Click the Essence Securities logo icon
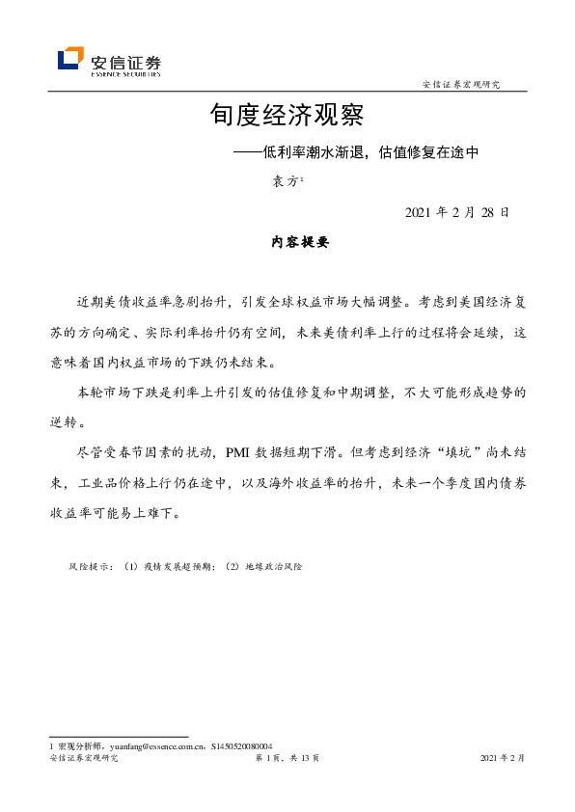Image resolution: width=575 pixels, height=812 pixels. click(70, 59)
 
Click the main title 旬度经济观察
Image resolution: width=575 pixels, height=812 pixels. click(287, 117)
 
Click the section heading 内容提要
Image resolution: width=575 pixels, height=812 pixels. click(300, 243)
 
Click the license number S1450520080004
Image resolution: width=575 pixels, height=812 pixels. click(241, 745)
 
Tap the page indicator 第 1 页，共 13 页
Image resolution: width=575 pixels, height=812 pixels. click(287, 759)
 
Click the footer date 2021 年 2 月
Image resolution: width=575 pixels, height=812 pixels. click(503, 759)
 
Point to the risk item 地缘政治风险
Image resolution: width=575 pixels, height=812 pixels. click(274, 566)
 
